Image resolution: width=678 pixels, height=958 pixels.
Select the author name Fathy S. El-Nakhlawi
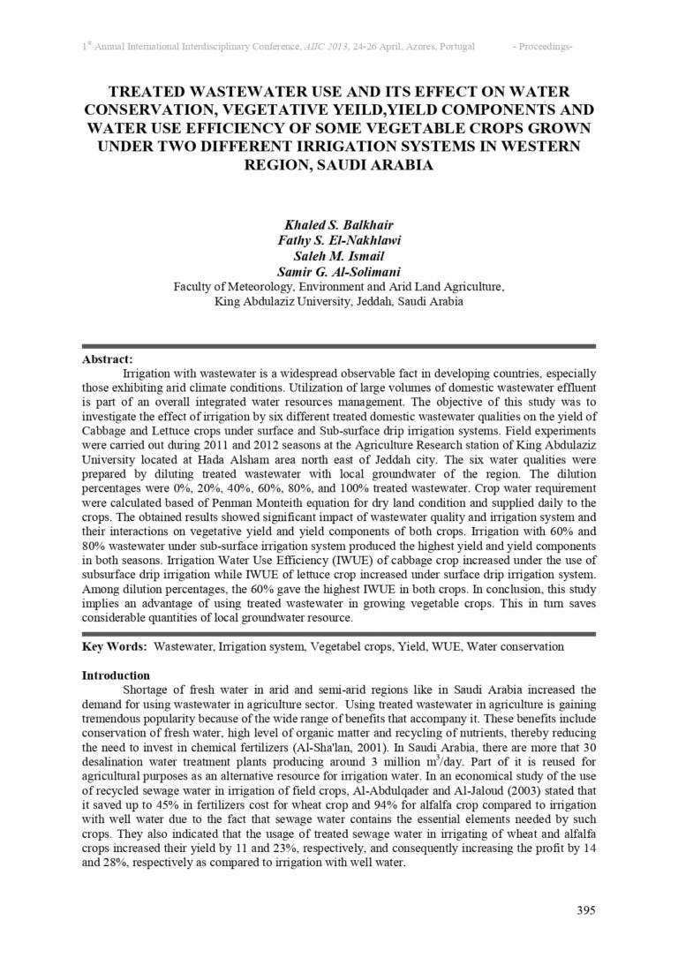338,240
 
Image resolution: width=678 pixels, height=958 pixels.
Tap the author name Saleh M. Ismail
338,256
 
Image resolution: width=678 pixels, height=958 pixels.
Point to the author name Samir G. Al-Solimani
338,272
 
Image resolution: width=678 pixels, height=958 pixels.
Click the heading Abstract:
108,359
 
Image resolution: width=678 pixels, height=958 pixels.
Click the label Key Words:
115,646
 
